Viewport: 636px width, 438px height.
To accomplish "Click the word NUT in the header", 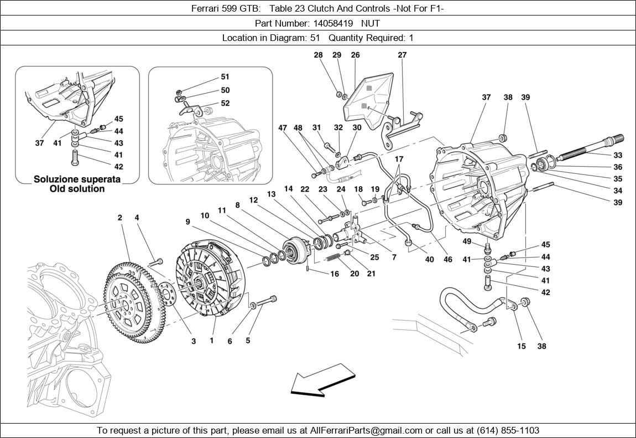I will coord(371,23).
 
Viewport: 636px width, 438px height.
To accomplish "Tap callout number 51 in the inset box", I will coord(225,77).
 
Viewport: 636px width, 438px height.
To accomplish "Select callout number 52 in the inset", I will coord(225,103).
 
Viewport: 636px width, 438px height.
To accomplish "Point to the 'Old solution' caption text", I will coord(69,189).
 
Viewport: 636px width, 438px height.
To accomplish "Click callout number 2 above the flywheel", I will coord(119,218).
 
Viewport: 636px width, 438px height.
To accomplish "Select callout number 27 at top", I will coord(402,55).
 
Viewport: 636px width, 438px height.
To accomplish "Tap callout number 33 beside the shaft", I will coord(618,155).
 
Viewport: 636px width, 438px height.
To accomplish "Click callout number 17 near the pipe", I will coord(399,159).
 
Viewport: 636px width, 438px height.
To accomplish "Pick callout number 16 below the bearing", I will coord(334,274).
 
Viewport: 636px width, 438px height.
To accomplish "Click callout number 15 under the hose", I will coord(522,346).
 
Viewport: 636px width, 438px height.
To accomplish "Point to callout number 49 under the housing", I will coord(467,241).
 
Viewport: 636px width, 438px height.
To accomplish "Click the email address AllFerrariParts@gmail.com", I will coord(367,430).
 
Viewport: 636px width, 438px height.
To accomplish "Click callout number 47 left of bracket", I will coord(283,127).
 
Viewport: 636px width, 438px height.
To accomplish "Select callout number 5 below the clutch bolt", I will coord(248,341).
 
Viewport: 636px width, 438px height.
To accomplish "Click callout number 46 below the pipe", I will coord(447,259).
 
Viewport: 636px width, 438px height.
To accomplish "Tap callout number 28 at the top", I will coord(318,55).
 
